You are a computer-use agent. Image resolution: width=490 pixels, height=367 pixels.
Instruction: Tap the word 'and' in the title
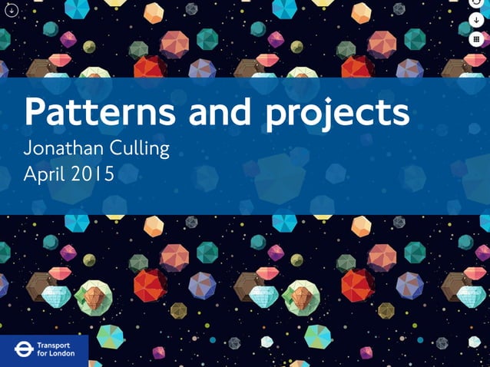[220, 113]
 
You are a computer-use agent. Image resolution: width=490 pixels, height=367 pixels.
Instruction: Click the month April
[46, 174]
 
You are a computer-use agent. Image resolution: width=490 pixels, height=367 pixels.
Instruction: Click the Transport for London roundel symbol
[21, 350]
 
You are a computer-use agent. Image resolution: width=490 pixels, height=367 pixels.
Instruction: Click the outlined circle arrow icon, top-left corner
[11, 10]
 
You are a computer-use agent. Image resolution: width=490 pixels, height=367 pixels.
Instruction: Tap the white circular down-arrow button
[477, 20]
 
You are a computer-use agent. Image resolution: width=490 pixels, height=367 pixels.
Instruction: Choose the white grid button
[477, 38]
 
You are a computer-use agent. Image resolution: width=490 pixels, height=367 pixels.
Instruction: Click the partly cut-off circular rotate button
[477, 3]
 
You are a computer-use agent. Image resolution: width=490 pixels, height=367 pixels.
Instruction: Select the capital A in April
[31, 174]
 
